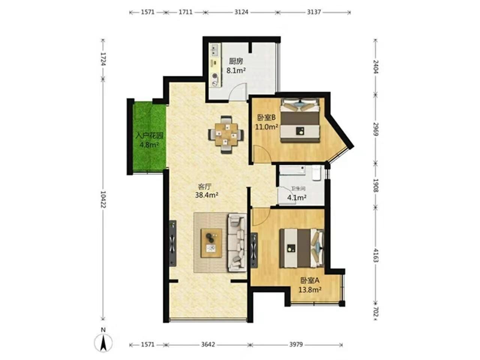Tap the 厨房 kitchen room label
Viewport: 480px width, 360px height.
click(236, 61)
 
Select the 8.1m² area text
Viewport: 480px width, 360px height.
click(236, 70)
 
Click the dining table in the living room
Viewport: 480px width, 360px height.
click(226, 134)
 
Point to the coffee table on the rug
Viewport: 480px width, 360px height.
click(211, 243)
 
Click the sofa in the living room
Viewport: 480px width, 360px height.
click(237, 243)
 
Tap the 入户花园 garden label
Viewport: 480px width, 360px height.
click(149, 136)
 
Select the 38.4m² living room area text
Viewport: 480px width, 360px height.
click(206, 195)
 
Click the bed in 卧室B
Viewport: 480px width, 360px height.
click(300, 120)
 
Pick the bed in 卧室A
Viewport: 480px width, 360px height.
click(302, 248)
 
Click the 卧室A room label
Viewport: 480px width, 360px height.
click(310, 280)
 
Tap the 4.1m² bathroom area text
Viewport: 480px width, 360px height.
click(297, 198)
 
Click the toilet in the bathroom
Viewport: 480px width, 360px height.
click(316, 172)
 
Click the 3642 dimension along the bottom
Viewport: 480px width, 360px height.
click(208, 345)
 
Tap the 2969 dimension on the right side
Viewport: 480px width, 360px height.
click(375, 129)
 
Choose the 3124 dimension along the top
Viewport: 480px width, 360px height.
click(241, 12)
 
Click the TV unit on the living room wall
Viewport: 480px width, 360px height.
click(173, 243)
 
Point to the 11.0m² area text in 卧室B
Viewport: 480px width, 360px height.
click(267, 127)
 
